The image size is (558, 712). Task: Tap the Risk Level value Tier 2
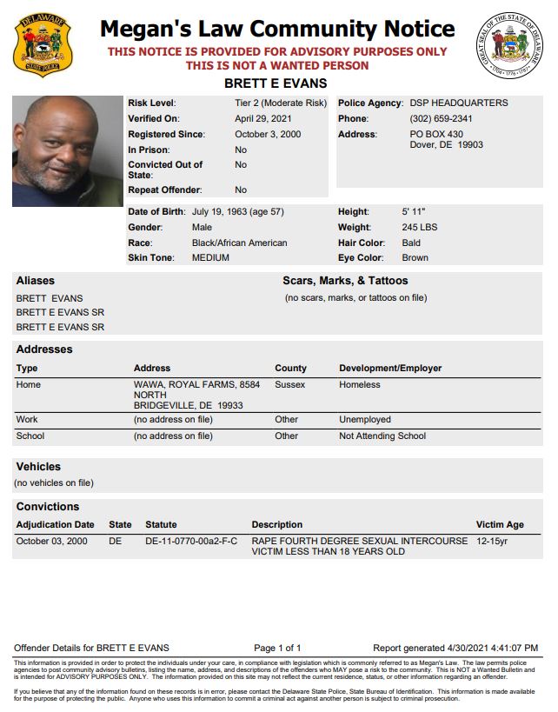tap(280, 103)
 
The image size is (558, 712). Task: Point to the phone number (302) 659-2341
tap(441, 118)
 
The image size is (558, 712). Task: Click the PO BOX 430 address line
tap(436, 134)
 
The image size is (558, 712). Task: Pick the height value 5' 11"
tap(414, 211)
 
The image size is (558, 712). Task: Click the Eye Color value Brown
tap(415, 257)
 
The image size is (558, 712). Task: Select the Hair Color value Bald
tap(411, 243)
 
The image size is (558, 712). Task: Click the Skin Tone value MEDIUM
tap(210, 257)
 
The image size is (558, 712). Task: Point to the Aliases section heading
tap(35, 281)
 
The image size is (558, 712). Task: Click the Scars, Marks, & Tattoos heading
tap(344, 281)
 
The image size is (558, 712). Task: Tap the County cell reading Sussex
tap(290, 384)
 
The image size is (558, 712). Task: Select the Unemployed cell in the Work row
tap(365, 419)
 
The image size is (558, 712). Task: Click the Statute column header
tap(161, 524)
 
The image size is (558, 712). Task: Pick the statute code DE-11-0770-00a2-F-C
tap(191, 541)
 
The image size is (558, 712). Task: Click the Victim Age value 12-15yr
tap(494, 541)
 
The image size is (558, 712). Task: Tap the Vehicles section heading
tap(38, 467)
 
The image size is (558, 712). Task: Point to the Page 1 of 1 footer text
tap(277, 648)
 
